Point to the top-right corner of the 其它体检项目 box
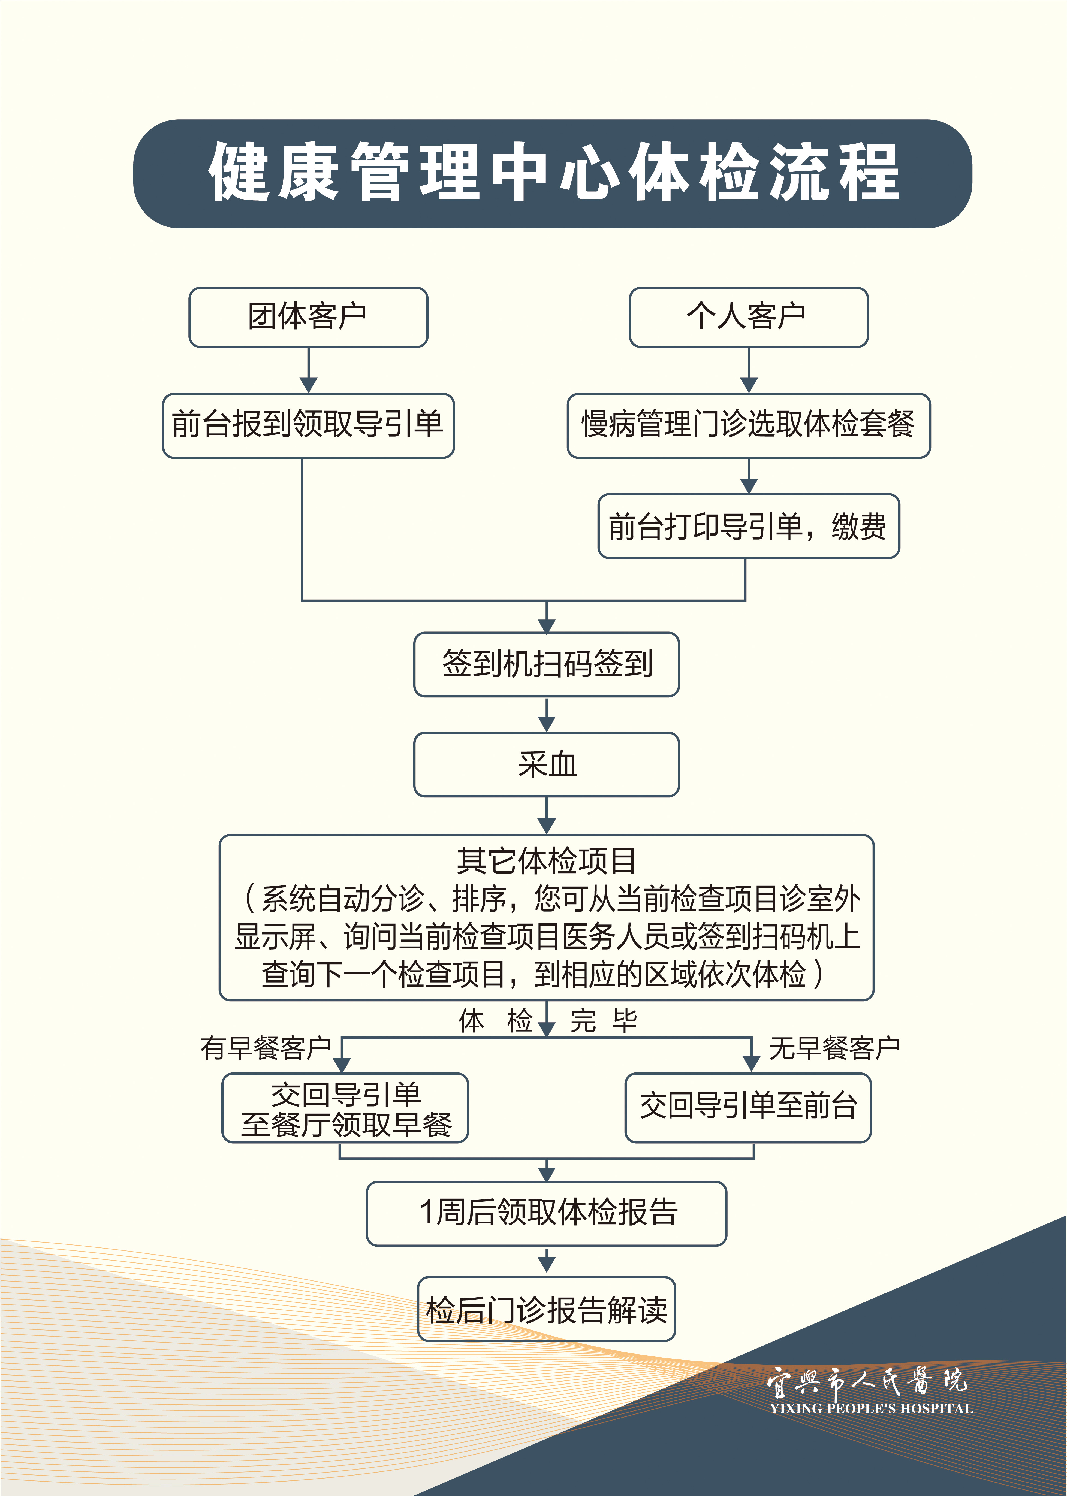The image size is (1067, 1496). point(873,836)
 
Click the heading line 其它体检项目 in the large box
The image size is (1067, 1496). point(547,861)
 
